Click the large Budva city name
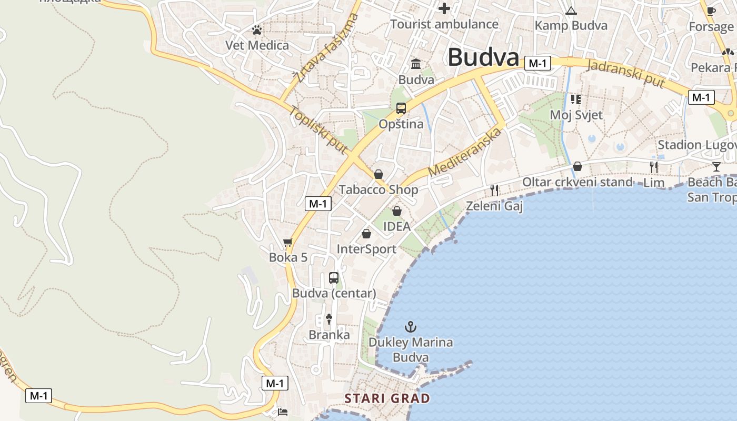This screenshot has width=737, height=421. (x=483, y=57)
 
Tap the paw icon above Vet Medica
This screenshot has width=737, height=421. (x=257, y=31)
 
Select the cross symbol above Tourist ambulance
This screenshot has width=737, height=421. (x=444, y=8)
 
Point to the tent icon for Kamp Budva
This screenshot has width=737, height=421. (x=571, y=11)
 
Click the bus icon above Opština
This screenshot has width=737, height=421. (x=401, y=109)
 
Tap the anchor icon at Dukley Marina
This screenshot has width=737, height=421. (x=410, y=327)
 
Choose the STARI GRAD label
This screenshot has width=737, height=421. (x=387, y=398)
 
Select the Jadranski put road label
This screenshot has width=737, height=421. (x=625, y=73)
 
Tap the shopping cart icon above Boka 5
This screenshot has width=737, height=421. (x=287, y=243)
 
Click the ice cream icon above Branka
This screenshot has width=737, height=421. (x=329, y=318)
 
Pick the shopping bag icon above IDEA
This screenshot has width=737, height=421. (x=397, y=211)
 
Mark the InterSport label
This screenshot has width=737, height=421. (x=366, y=249)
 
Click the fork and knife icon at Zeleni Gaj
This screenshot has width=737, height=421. (x=494, y=190)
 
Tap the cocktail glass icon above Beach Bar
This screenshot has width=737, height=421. (x=716, y=167)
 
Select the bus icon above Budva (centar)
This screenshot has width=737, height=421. (x=334, y=278)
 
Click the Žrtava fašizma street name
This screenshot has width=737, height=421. (x=326, y=48)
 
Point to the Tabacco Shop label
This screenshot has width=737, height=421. (x=379, y=189)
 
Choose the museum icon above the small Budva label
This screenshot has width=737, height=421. (x=416, y=64)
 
